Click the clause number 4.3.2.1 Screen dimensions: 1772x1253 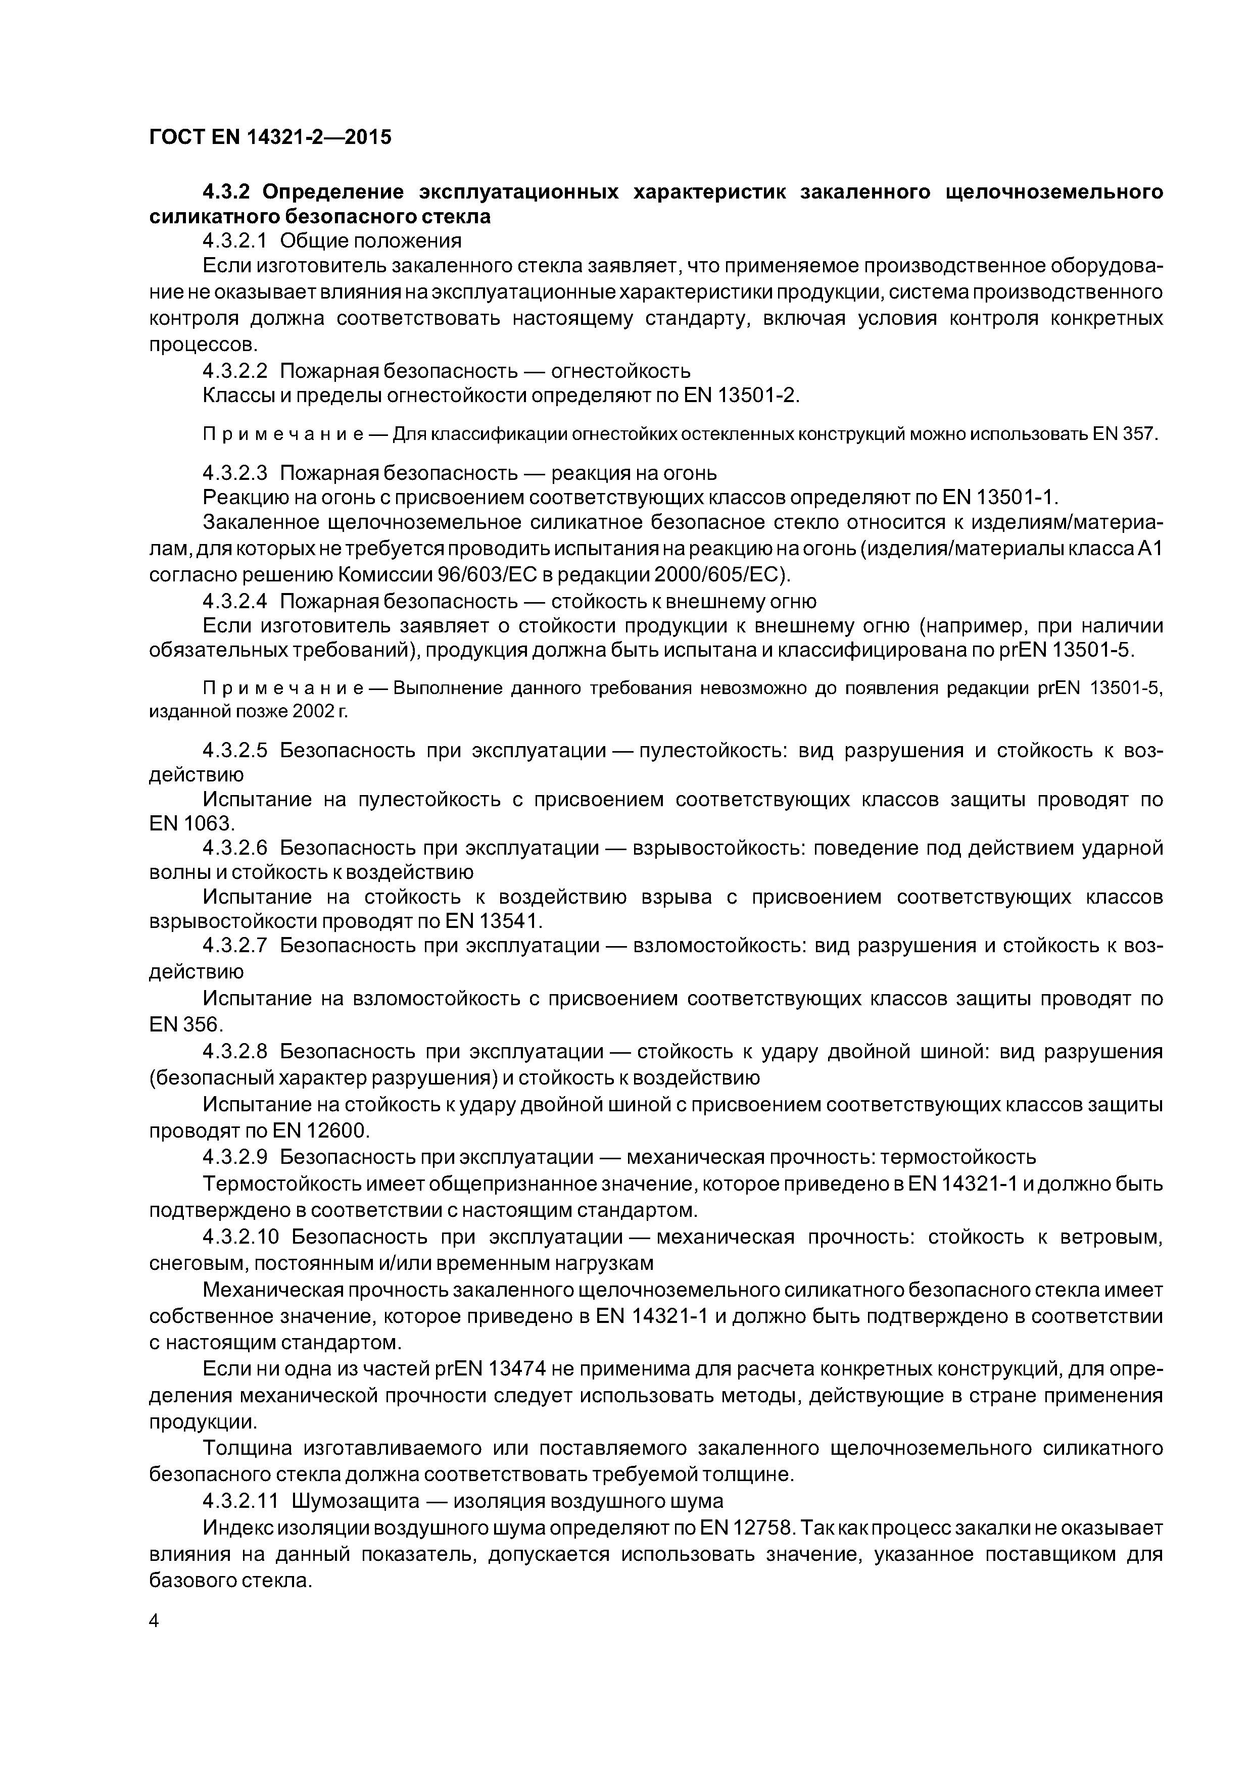[234, 241]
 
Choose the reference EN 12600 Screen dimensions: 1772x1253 [321, 1131]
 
